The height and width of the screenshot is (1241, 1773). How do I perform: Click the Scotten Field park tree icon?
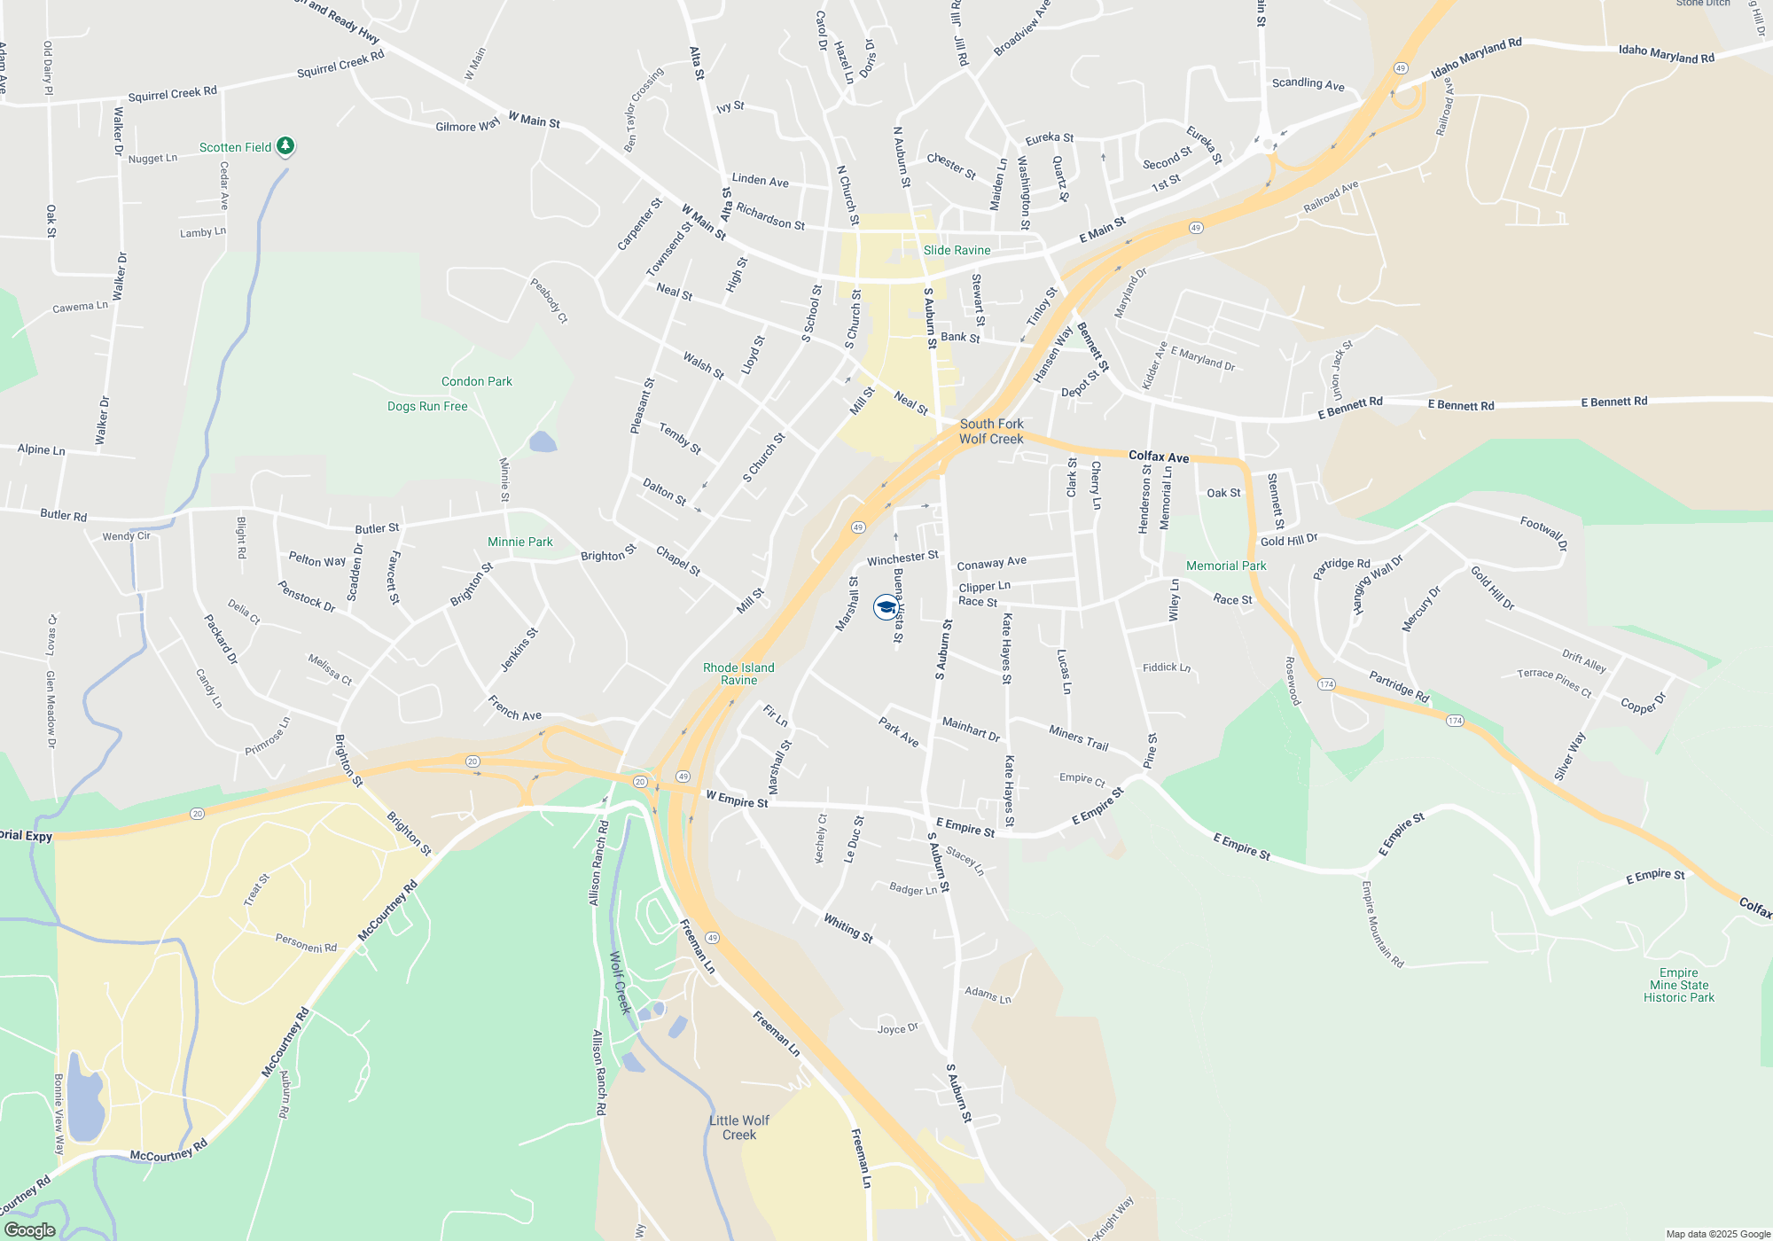click(x=285, y=145)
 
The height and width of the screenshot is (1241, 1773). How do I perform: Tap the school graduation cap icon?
click(x=886, y=607)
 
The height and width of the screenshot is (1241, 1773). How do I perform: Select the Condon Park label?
click(x=477, y=381)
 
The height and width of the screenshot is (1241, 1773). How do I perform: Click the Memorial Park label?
click(x=1226, y=566)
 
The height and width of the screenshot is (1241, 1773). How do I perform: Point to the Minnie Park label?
click(x=519, y=542)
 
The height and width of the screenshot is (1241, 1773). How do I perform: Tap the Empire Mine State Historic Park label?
click(x=1678, y=985)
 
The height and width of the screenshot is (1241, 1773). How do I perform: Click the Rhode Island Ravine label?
click(x=738, y=674)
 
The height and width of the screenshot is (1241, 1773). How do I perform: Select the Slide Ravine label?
click(x=957, y=250)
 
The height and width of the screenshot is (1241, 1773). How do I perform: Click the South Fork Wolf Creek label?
click(x=991, y=432)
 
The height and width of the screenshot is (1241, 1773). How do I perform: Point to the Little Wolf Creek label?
click(x=738, y=1128)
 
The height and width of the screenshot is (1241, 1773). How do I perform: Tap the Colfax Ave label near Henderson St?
click(x=1159, y=457)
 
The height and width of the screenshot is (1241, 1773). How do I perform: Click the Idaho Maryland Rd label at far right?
click(x=1666, y=54)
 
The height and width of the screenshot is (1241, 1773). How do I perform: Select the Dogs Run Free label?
click(x=427, y=406)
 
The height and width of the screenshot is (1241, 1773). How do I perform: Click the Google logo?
click(x=30, y=1229)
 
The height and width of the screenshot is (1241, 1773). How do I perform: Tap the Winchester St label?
click(x=902, y=558)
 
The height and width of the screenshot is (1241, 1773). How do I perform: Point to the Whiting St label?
click(x=848, y=928)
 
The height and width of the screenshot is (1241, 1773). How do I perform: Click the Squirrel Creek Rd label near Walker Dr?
click(x=172, y=93)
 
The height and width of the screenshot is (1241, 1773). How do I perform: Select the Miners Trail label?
click(x=1078, y=738)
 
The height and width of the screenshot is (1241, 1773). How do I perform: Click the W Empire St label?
click(x=737, y=800)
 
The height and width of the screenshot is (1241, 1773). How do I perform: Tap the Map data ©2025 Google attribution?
click(x=1717, y=1234)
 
